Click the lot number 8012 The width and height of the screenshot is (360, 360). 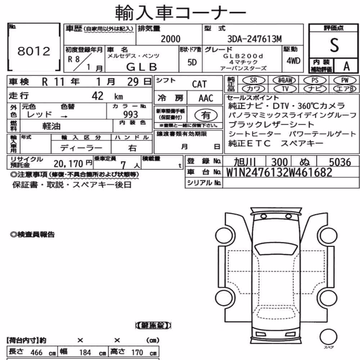tap(34, 51)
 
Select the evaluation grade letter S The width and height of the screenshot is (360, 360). tap(334, 45)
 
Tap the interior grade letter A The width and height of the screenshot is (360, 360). tap(346, 66)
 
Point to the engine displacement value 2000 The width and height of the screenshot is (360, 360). tap(171, 39)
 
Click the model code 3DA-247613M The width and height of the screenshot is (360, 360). tap(255, 39)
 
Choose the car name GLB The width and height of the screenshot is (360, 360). tap(141, 67)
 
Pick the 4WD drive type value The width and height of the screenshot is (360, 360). tap(293, 61)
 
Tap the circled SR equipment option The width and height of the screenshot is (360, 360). tap(254, 80)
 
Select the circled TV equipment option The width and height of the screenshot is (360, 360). tap(285, 89)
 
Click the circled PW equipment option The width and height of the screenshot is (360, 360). tap(345, 80)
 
